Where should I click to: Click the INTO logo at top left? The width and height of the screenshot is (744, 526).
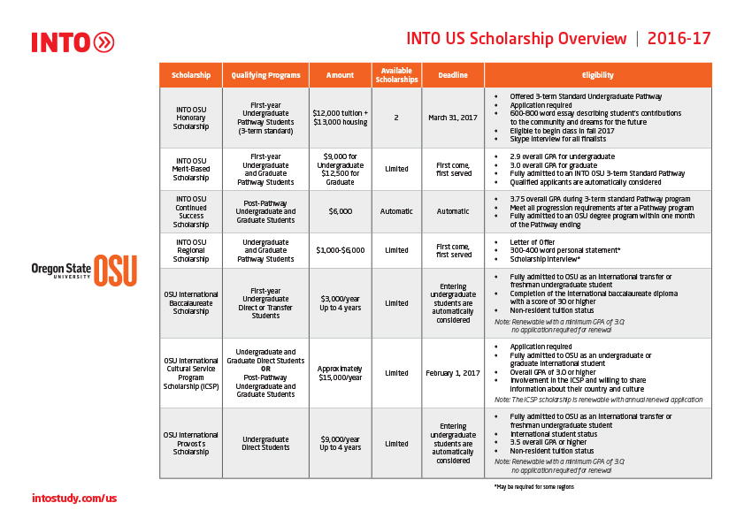[73, 42]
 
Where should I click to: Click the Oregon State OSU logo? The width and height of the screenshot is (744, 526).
[84, 271]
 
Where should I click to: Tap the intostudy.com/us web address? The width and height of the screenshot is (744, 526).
[74, 499]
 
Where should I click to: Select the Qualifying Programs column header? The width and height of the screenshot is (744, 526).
[265, 75]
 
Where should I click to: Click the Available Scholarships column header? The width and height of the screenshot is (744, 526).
[396, 75]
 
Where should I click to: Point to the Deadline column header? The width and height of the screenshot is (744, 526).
[453, 75]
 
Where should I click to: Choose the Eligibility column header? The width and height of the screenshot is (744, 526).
[597, 75]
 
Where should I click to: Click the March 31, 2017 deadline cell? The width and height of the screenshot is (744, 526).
[453, 118]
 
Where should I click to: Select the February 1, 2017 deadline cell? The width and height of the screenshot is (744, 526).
[453, 373]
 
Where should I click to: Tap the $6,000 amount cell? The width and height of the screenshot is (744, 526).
[340, 211]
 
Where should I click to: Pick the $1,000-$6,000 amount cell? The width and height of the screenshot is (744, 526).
[340, 250]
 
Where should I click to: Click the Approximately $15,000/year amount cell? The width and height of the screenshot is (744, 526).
[340, 373]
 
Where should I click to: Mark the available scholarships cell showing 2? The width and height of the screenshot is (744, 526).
[396, 118]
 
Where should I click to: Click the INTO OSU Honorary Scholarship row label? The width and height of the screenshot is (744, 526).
[190, 118]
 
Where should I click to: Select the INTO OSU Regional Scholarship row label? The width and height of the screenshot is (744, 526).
[190, 250]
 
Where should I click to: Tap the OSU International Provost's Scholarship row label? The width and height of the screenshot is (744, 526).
[190, 443]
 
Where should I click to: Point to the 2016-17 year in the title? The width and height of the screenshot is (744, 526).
[679, 39]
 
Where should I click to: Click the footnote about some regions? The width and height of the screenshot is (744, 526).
[533, 487]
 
